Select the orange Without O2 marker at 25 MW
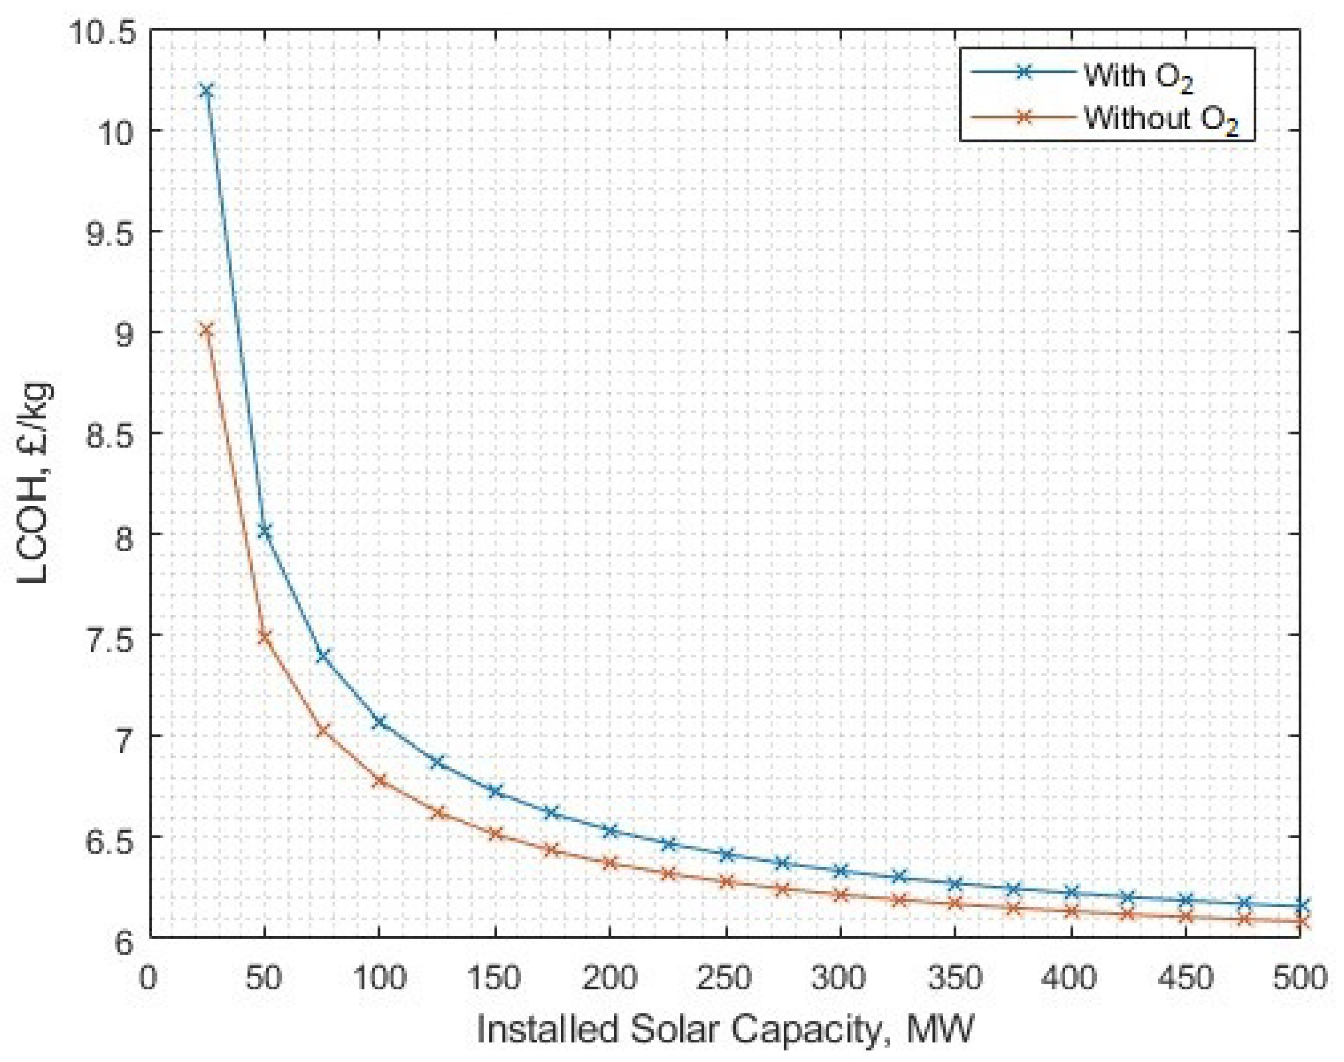(207, 330)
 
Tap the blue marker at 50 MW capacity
(265, 530)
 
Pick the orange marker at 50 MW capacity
(265, 637)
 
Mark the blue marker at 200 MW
(610, 831)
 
